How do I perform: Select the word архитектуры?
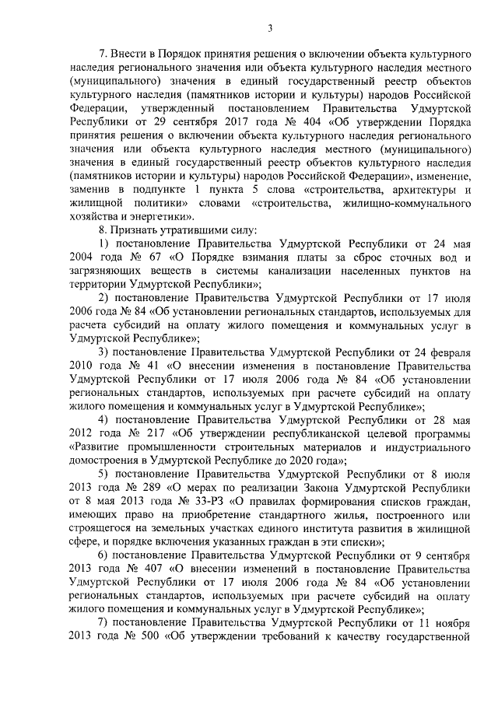(432, 188)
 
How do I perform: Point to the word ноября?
(450, 624)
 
